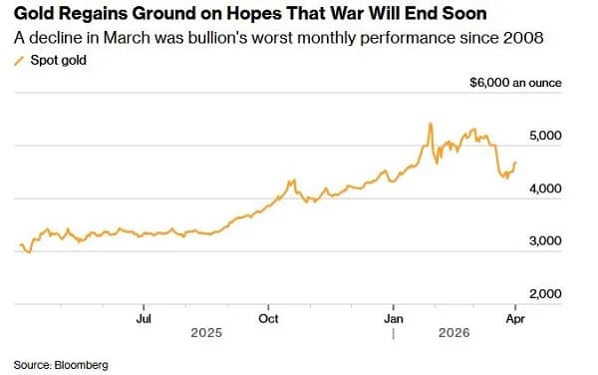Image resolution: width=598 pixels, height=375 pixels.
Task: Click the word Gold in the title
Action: [x=34, y=14]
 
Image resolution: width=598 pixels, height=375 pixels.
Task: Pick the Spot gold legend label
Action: [x=59, y=60]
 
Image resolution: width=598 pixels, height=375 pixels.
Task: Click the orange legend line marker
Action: [x=19, y=61]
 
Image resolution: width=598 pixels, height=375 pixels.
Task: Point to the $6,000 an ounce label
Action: [x=515, y=83]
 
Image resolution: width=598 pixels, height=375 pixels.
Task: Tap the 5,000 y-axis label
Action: [x=545, y=136]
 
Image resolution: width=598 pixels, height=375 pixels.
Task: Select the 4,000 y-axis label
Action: [x=545, y=188]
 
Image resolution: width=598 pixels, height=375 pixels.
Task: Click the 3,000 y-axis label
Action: [x=545, y=241]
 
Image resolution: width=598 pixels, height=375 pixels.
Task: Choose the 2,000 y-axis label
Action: [x=545, y=294]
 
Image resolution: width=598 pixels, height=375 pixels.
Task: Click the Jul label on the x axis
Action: [x=144, y=319]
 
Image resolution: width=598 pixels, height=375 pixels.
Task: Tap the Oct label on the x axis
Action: [x=268, y=319]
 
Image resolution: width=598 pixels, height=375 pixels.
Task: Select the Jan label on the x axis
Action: [x=394, y=319]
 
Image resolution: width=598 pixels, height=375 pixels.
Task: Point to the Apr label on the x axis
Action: [x=515, y=319]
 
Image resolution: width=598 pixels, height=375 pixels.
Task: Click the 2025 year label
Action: [x=206, y=333]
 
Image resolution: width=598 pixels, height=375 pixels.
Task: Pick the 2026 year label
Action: [x=453, y=333]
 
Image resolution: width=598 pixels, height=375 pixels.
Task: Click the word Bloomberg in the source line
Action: [x=82, y=365]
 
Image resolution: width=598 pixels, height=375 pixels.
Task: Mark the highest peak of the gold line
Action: [x=431, y=124]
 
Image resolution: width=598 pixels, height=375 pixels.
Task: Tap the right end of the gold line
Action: [x=515, y=163]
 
